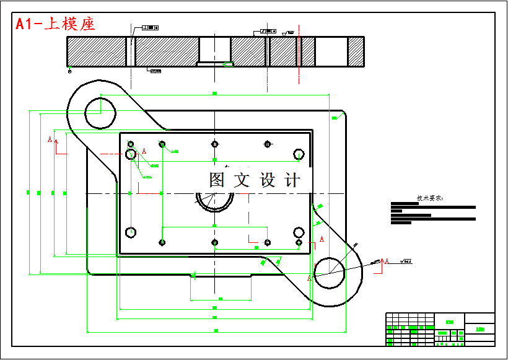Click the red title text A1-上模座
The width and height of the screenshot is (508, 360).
(x=55, y=24)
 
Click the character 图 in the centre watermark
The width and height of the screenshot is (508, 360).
(x=217, y=180)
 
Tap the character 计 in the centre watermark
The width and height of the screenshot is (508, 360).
(x=292, y=180)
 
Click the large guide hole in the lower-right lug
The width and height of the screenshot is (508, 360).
(x=330, y=271)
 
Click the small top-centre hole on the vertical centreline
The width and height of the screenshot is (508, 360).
(x=214, y=144)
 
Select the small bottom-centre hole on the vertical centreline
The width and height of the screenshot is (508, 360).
(x=214, y=242)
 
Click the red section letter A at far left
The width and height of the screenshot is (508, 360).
(x=50, y=140)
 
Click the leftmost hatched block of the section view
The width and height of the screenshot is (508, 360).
(x=96, y=51)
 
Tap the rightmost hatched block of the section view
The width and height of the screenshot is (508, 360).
(x=356, y=51)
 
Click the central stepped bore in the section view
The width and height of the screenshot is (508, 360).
(x=214, y=50)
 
